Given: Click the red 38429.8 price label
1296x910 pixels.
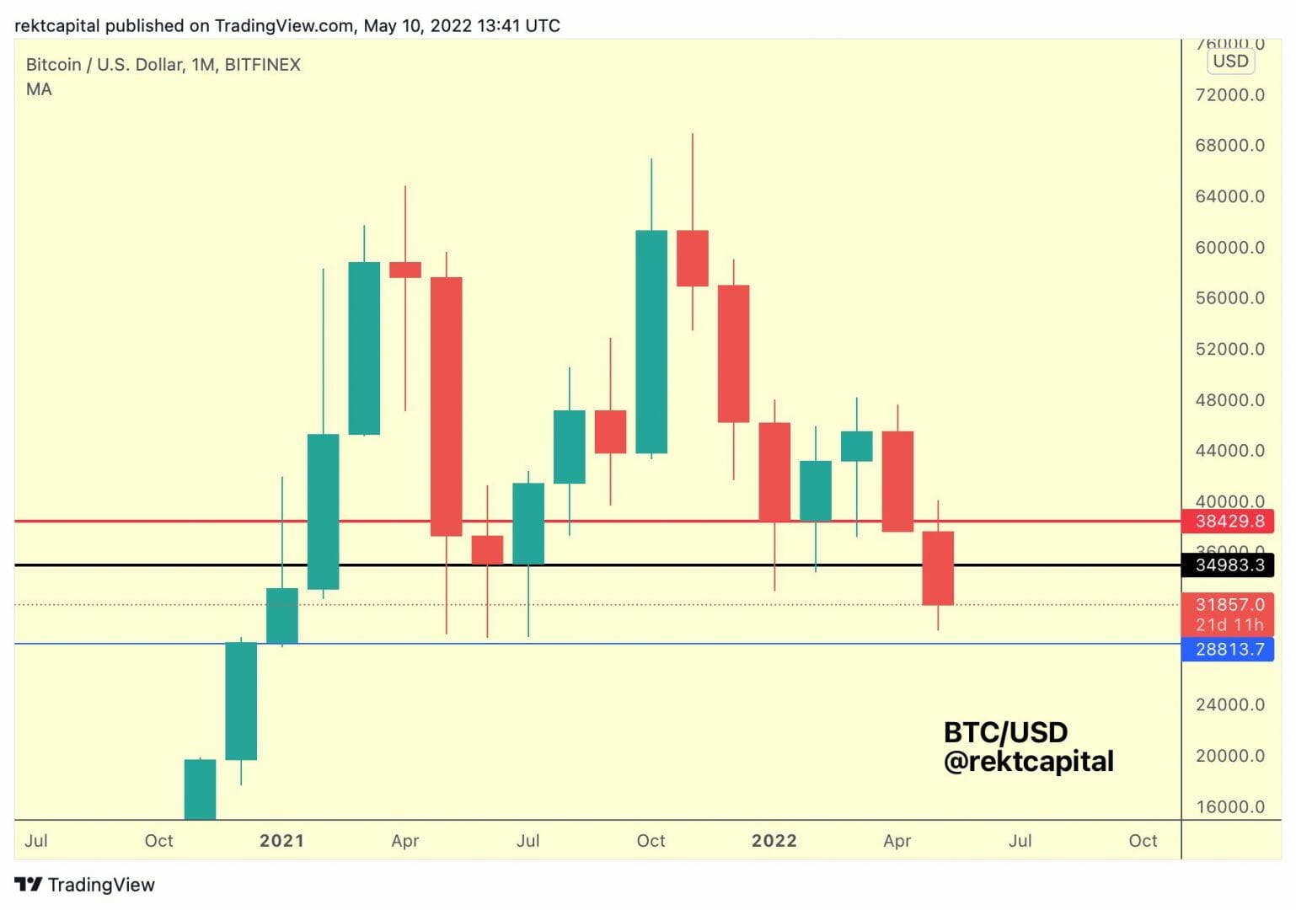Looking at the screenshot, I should pos(1228,521).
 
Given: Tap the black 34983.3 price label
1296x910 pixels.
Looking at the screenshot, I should pos(1228,565).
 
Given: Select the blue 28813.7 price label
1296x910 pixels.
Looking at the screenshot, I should pos(1228,649).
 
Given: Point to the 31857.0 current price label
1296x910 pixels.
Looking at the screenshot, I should pos(1228,604).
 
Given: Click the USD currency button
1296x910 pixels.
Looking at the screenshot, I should pos(1230,61).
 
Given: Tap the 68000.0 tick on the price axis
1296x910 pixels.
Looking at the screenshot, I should pos(1229,145).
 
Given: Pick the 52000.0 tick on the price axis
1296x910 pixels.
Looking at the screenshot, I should pos(1229,349).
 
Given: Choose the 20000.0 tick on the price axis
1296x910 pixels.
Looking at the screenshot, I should pos(1229,756).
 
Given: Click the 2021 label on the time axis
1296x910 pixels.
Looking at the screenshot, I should pos(281,840).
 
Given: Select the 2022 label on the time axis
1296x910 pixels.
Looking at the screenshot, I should pos(774,840).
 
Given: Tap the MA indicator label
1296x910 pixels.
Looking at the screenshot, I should pos(39,89).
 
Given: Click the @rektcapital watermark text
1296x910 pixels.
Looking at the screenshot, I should pos(1028,762).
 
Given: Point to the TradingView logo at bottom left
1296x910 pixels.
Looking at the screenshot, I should pos(85,885).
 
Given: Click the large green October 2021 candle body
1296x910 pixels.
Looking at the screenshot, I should pos(651,341).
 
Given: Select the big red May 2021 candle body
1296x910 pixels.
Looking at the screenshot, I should pos(446,406).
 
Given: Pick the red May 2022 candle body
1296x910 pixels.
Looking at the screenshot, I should pos(938,568).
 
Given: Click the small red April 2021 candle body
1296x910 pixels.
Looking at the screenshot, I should pos(405,270).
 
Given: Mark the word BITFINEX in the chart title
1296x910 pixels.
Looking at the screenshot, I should pos(262,65).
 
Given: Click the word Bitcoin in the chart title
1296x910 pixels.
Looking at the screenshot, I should pos(53,65).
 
